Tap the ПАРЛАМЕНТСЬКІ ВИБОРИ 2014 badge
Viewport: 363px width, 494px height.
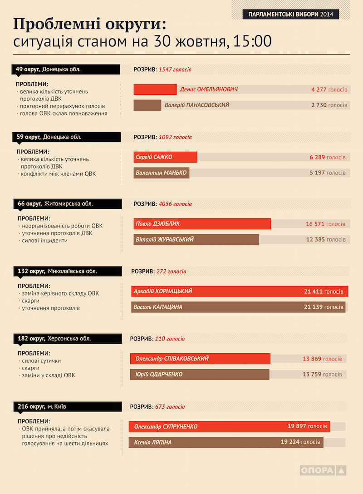(x=290, y=15)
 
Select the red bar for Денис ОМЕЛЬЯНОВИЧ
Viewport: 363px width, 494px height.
(x=155, y=89)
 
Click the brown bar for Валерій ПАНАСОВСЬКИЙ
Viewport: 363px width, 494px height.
(x=147, y=105)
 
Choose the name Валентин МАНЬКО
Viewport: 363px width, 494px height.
(x=161, y=173)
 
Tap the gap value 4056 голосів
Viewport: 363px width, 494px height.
(x=175, y=204)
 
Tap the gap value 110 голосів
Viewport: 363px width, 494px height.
(x=170, y=339)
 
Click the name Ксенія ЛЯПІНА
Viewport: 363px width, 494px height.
(x=152, y=442)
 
